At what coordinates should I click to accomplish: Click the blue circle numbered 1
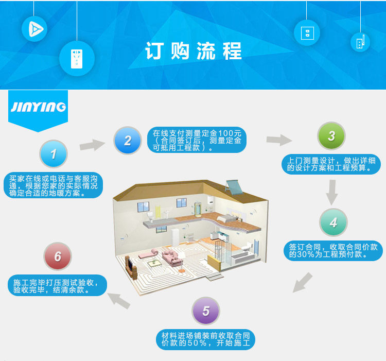pyautogui.click(x=54, y=153)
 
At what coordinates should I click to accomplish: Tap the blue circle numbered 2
pyautogui.click(x=128, y=140)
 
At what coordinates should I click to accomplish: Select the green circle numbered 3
pyautogui.click(x=331, y=136)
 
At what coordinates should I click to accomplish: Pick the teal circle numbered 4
pyautogui.click(x=334, y=222)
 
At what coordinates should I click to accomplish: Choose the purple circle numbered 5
pyautogui.click(x=206, y=311)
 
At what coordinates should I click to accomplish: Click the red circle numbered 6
pyautogui.click(x=58, y=256)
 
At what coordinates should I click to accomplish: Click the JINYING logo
pyautogui.click(x=39, y=107)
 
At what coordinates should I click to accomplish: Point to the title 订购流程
pyautogui.click(x=193, y=52)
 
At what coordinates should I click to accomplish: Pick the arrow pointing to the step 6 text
pyautogui.click(x=118, y=300)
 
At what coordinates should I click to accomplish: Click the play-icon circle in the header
pyautogui.click(x=34, y=28)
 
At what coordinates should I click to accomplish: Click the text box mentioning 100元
pyautogui.click(x=197, y=140)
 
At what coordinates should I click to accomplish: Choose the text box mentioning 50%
pyautogui.click(x=206, y=338)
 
